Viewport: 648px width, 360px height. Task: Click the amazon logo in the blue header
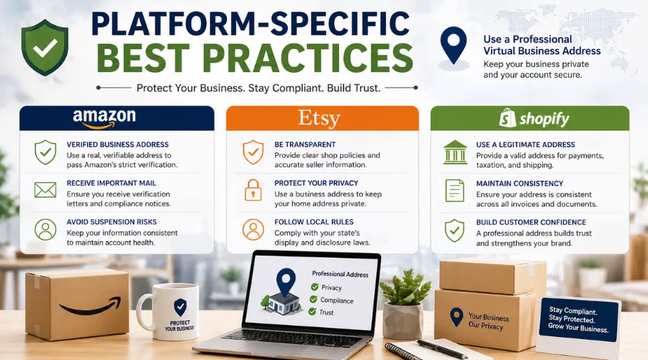click(x=105, y=119)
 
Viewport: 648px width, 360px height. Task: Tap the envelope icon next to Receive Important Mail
click(x=45, y=190)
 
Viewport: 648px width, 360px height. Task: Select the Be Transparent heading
click(x=305, y=145)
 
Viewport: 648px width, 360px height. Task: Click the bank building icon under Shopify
click(x=454, y=152)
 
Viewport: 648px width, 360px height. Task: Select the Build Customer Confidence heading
click(x=531, y=222)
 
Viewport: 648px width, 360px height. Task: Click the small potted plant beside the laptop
click(x=404, y=302)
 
